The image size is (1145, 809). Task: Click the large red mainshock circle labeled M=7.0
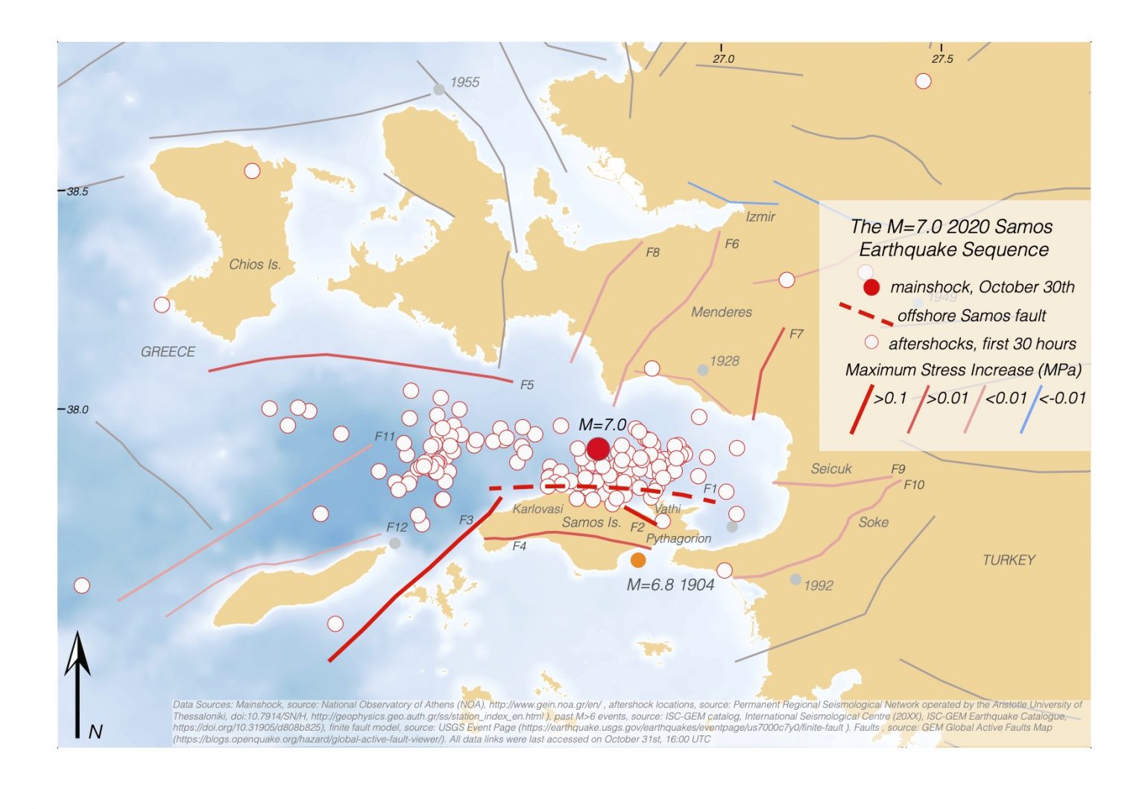coord(598,448)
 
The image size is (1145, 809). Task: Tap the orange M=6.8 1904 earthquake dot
coord(638,560)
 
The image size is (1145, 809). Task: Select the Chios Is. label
coord(255,264)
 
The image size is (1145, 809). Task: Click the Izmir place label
coord(760,217)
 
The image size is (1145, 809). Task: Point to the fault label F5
coord(527,385)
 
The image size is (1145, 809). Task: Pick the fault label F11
coord(385,436)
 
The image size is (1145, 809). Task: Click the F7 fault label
coord(796,334)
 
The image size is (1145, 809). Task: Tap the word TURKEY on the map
coord(1009,560)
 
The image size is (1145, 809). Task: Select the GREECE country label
coord(168,352)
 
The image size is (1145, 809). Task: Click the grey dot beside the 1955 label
coord(439,89)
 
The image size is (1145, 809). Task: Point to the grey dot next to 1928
coord(702,370)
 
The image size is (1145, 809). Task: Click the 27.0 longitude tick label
coord(723,59)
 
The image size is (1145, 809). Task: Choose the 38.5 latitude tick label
coord(78,192)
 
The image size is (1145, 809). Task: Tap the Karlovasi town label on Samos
coord(537,509)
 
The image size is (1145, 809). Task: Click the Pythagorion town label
coord(678,538)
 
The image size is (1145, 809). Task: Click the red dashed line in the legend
coord(865,315)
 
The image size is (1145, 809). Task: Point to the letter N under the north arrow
coord(95,732)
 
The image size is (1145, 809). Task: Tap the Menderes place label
coord(721,312)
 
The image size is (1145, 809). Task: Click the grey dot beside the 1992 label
coord(796,579)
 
